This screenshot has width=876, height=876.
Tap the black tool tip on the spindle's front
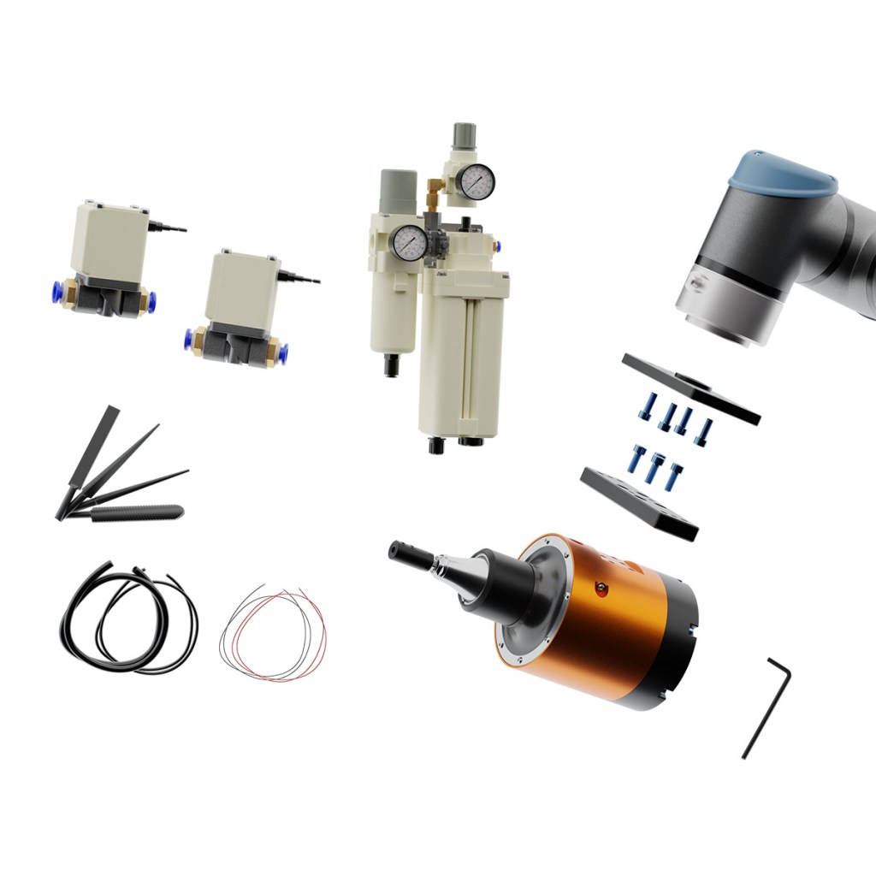(409, 553)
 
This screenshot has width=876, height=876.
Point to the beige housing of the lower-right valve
(243, 291)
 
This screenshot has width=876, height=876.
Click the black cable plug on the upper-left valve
(168, 228)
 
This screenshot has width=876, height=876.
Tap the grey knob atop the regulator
(464, 135)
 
